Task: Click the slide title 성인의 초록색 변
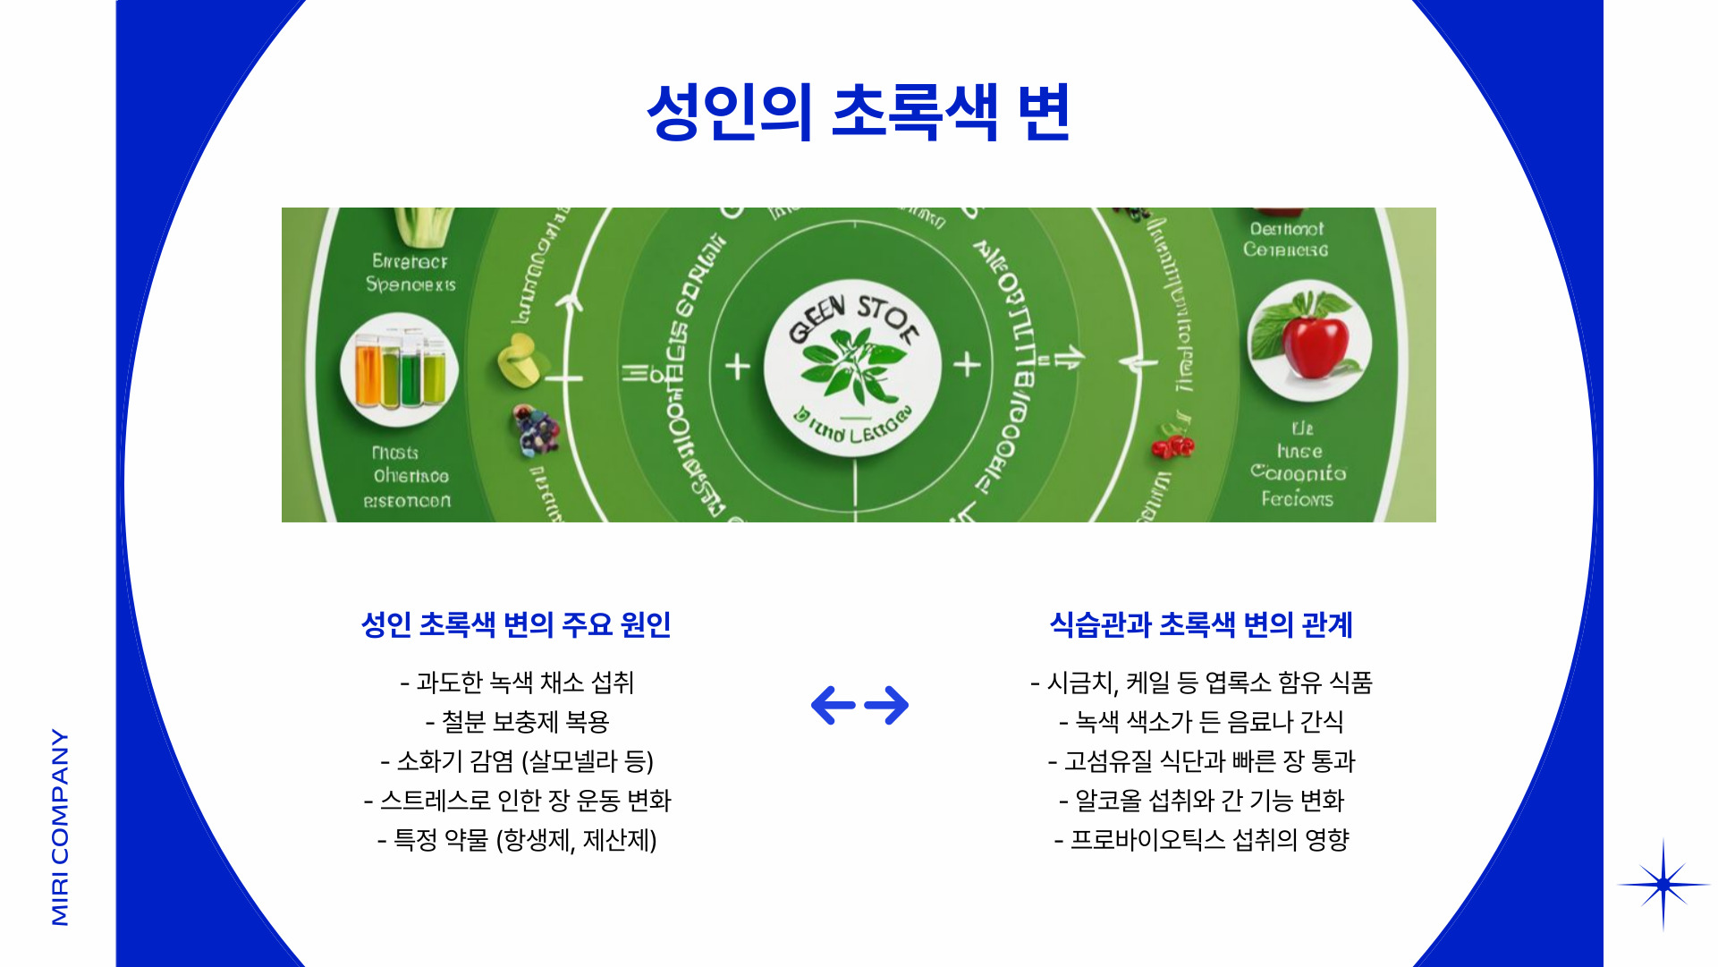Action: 859,113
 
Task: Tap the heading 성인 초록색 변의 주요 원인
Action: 516,624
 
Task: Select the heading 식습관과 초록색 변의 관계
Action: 1200,624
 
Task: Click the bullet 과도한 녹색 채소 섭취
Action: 517,683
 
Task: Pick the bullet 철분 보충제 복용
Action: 517,722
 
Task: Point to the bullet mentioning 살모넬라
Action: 517,761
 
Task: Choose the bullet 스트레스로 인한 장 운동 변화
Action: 517,801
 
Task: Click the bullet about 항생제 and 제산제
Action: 517,840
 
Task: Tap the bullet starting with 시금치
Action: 1200,683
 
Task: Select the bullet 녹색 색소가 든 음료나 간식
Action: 1200,722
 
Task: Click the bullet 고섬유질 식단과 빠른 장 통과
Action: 1200,761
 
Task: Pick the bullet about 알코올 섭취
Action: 1200,801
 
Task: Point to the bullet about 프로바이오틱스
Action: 1200,840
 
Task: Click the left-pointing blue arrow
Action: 833,705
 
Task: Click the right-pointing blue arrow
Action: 887,705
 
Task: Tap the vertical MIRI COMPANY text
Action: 60,827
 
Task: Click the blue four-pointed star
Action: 1663,885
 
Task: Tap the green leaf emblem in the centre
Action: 852,367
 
